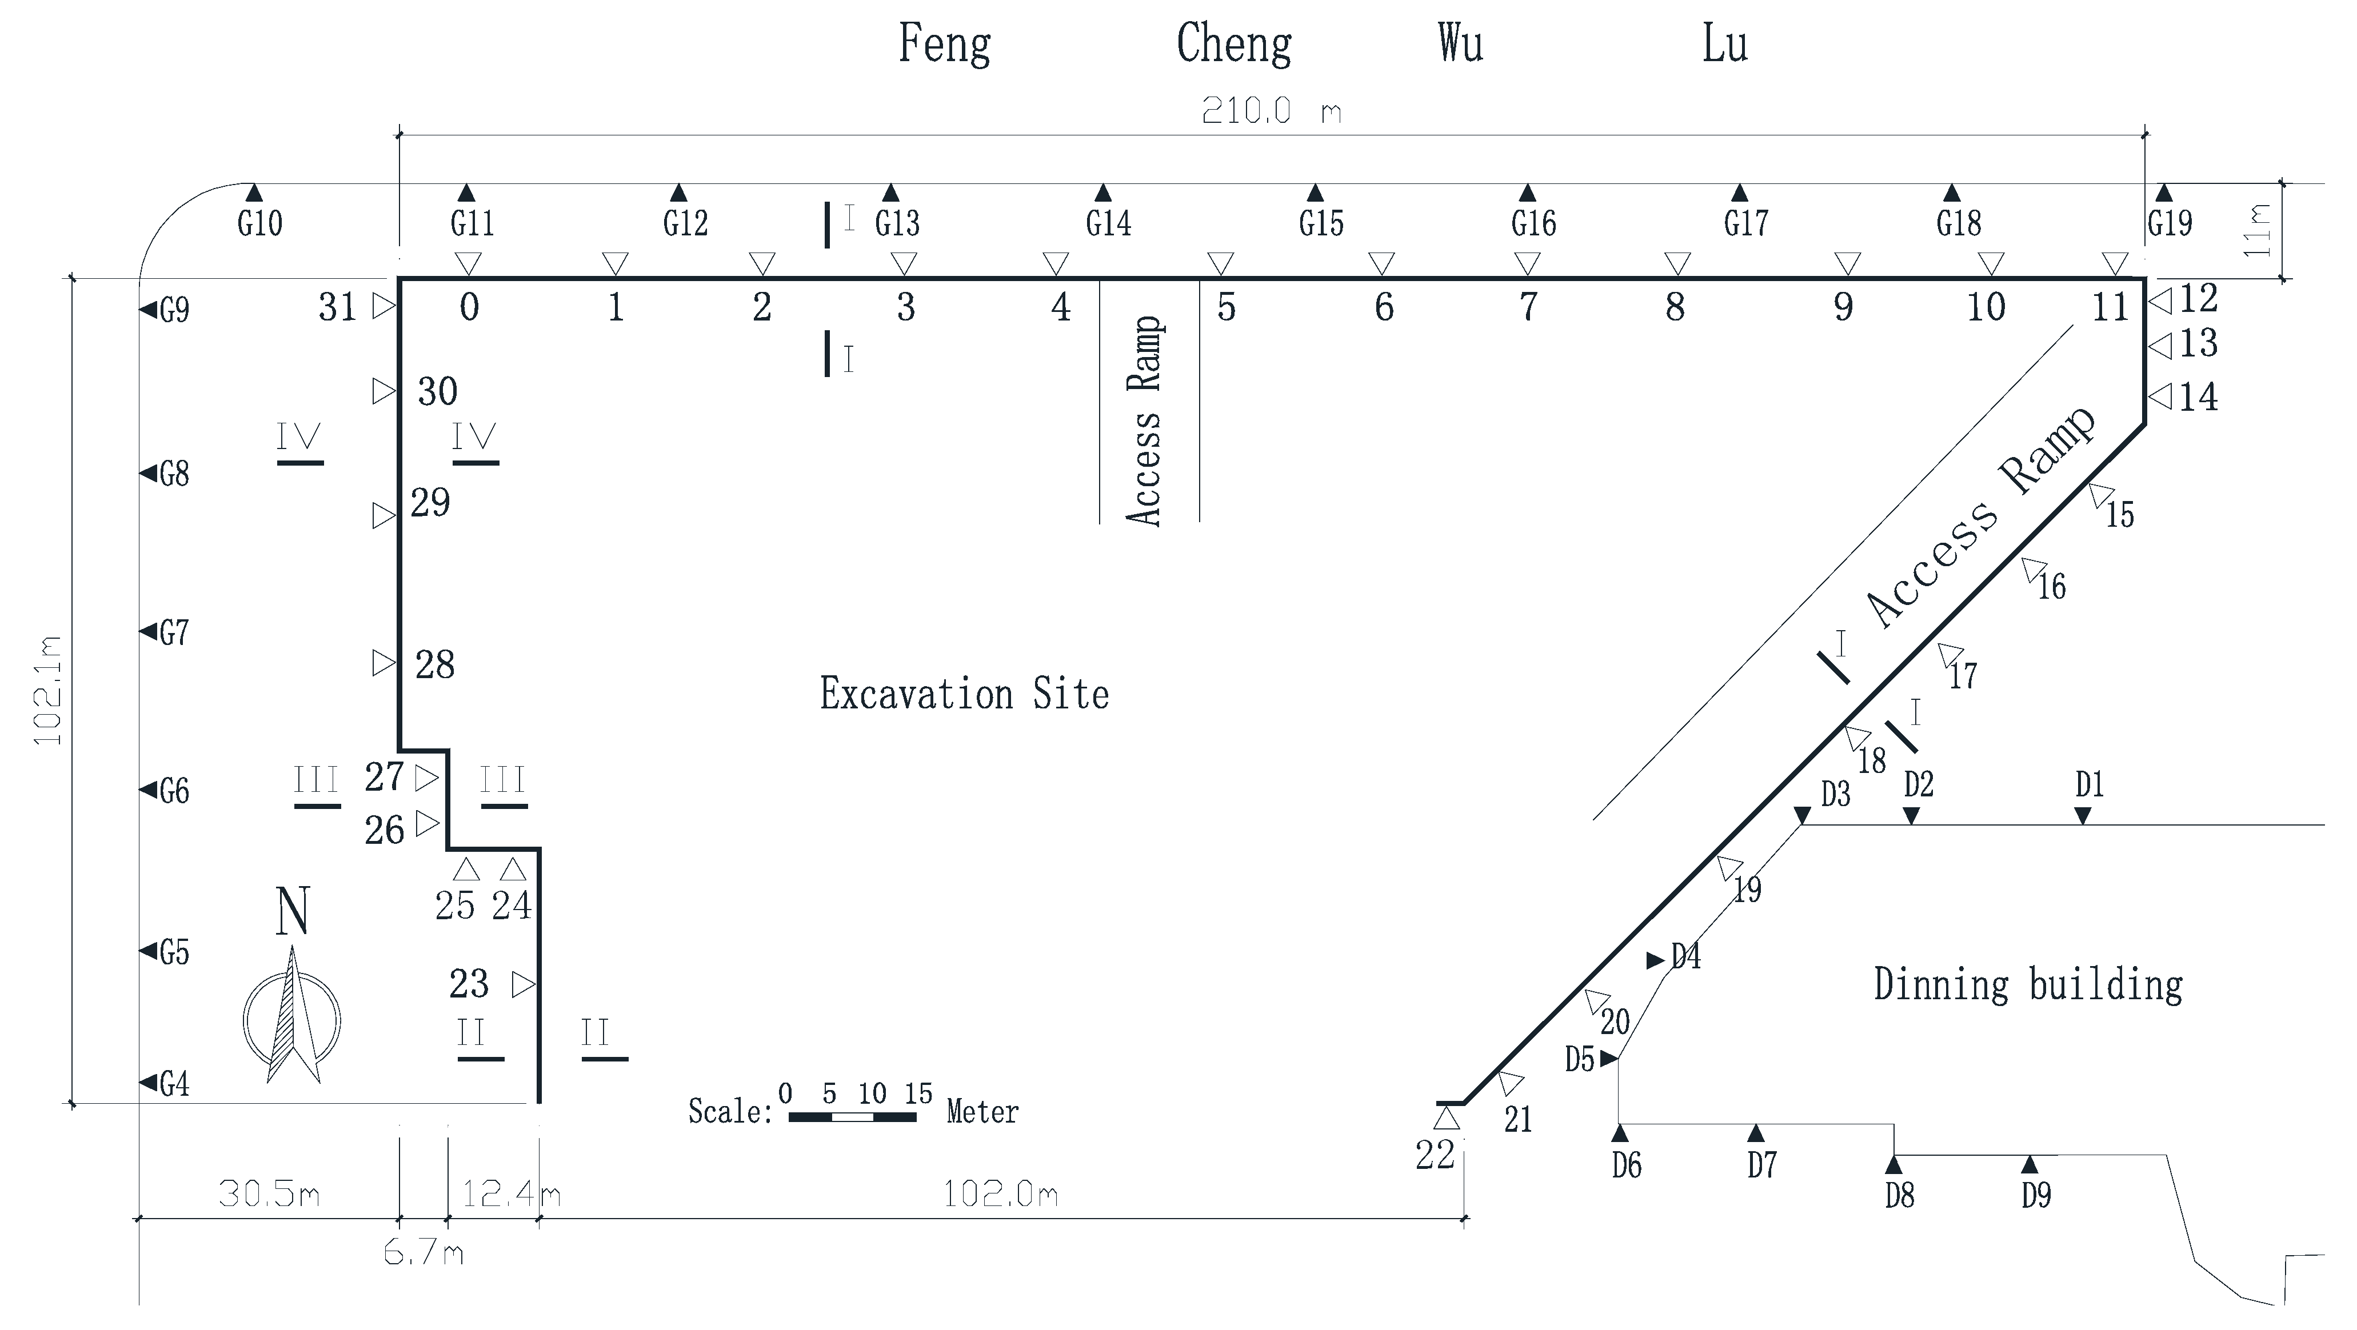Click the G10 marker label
(260, 223)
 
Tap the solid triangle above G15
(1315, 193)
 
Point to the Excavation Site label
(964, 694)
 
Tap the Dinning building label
(2028, 985)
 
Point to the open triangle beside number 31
(383, 306)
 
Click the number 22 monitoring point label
(1435, 1155)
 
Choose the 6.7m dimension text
(424, 1253)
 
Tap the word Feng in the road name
(944, 44)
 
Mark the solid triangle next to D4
(1654, 960)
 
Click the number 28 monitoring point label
(434, 665)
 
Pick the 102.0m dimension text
(1000, 1193)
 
